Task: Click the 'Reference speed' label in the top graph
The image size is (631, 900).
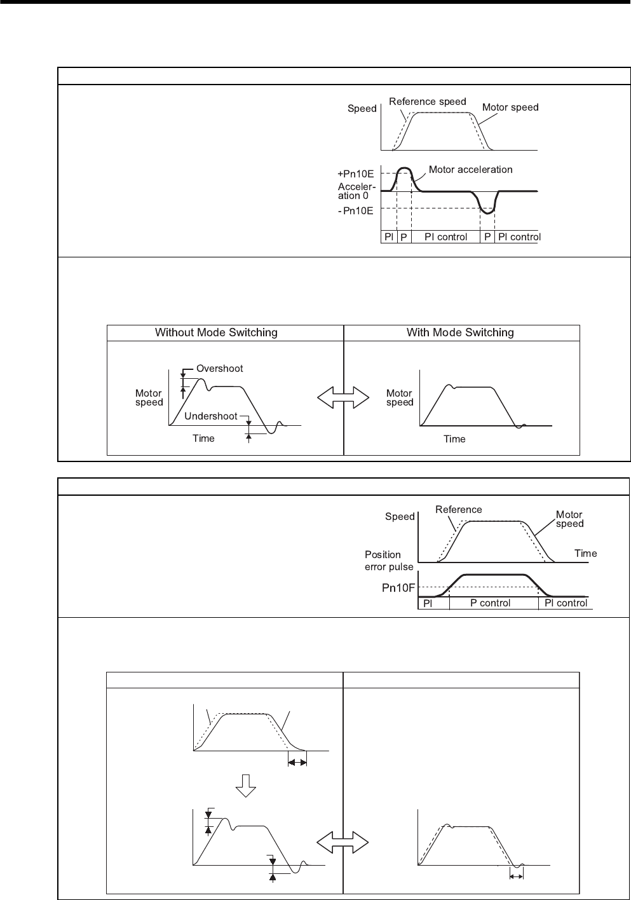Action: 427,102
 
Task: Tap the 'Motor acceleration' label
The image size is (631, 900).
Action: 470,169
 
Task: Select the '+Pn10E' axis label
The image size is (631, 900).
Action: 356,174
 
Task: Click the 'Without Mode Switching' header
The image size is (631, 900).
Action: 216,332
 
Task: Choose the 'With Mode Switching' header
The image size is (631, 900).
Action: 460,332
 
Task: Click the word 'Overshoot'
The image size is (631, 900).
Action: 219,369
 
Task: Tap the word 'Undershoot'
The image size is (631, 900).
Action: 210,416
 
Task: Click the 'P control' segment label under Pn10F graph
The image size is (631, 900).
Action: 490,603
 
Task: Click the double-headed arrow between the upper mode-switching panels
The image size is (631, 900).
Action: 343,399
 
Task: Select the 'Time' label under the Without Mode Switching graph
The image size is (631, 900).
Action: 203,439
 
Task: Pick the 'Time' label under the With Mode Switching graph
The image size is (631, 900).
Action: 454,439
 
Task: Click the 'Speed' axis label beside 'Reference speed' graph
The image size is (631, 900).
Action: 362,109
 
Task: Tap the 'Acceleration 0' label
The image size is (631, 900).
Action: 357,191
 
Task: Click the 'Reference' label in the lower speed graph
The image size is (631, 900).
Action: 458,510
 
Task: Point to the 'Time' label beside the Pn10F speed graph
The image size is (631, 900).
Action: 585,554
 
